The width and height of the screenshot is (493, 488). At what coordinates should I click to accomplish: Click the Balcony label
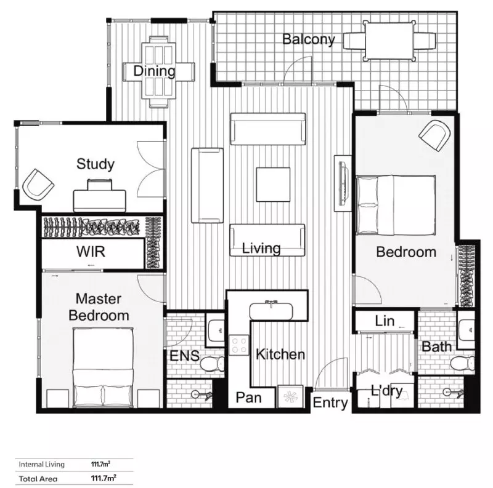[308, 40]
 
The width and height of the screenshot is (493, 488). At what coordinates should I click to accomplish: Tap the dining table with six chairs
[158, 71]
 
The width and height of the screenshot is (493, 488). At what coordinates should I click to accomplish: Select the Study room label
[95, 164]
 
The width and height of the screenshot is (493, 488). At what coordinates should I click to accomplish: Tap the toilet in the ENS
[212, 364]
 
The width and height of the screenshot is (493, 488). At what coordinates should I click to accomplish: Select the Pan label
[248, 398]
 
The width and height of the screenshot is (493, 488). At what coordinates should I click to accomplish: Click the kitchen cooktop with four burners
[238, 346]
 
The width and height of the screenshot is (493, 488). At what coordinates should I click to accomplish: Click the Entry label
[330, 403]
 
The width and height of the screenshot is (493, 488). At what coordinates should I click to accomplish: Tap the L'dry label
[386, 391]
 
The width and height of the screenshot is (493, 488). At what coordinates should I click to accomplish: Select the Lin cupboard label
[385, 321]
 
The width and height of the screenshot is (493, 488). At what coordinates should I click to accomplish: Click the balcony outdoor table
[388, 41]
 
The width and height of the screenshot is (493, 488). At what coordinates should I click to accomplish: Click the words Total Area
[38, 478]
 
